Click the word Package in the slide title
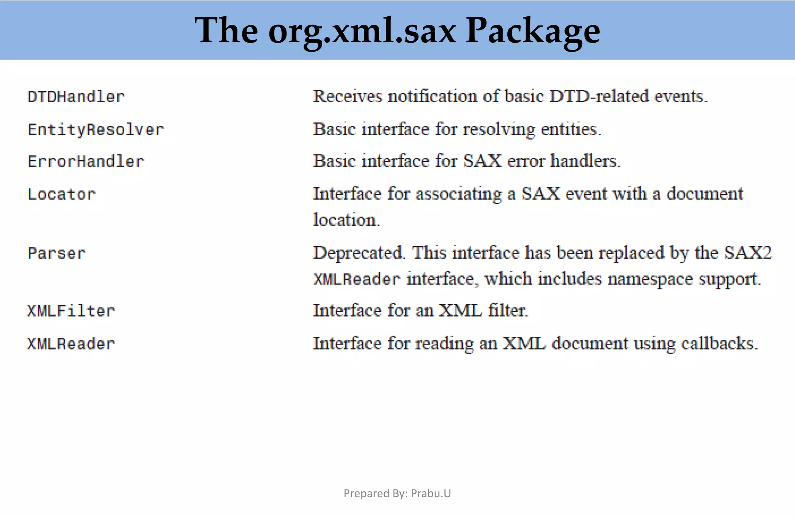point(533,31)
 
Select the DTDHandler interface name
point(76,97)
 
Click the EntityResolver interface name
point(95,130)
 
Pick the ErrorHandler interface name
point(86,162)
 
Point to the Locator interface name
point(61,194)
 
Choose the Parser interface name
point(57,253)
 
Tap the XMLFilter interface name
point(71,311)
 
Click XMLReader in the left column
point(71,344)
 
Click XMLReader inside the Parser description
point(357,279)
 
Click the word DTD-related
point(599,96)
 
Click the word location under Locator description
point(346,220)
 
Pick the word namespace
point(650,279)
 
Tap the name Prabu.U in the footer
point(431,493)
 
